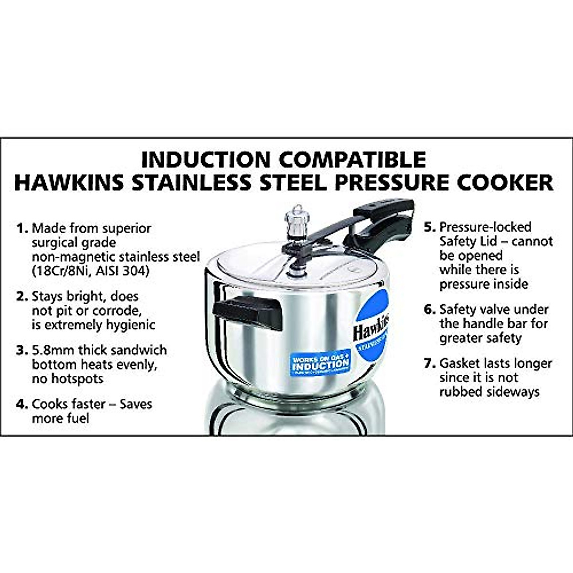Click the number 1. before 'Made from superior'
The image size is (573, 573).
[22, 228]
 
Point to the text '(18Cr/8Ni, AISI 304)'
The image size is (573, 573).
[91, 271]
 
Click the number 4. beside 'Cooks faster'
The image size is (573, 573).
[22, 404]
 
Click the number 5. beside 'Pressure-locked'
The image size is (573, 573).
[430, 227]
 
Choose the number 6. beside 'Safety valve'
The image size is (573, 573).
[430, 309]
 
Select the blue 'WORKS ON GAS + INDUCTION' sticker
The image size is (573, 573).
[320, 364]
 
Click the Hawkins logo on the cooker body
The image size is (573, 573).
[371, 327]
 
